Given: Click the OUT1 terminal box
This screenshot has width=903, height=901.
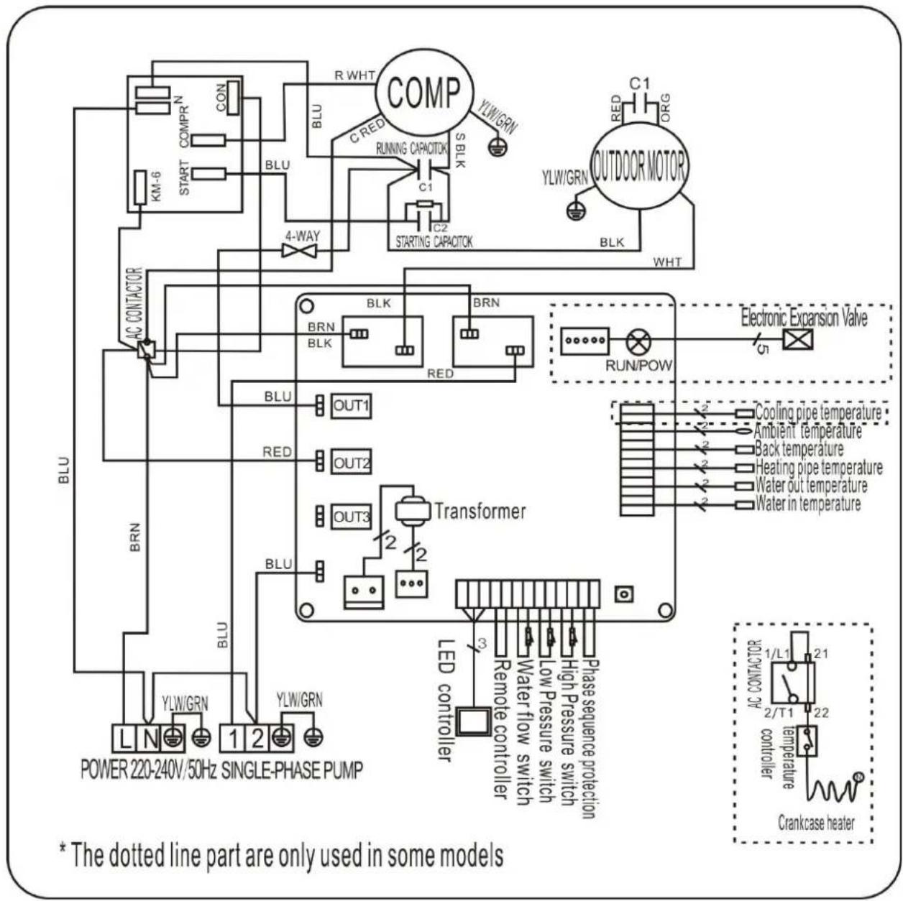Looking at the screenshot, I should pyautogui.click(x=351, y=407).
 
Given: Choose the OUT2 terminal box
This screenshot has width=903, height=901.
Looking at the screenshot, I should pyautogui.click(x=351, y=462).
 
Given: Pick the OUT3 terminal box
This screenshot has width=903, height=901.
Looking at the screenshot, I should pyautogui.click(x=351, y=517).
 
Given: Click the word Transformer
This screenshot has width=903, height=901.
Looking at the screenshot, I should pyautogui.click(x=480, y=511).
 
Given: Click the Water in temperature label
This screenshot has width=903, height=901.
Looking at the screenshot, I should pyautogui.click(x=807, y=504).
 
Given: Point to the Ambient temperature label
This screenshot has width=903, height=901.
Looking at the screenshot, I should pyautogui.click(x=807, y=432).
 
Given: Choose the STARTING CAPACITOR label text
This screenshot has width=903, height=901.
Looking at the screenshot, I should pyautogui.click(x=434, y=241).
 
